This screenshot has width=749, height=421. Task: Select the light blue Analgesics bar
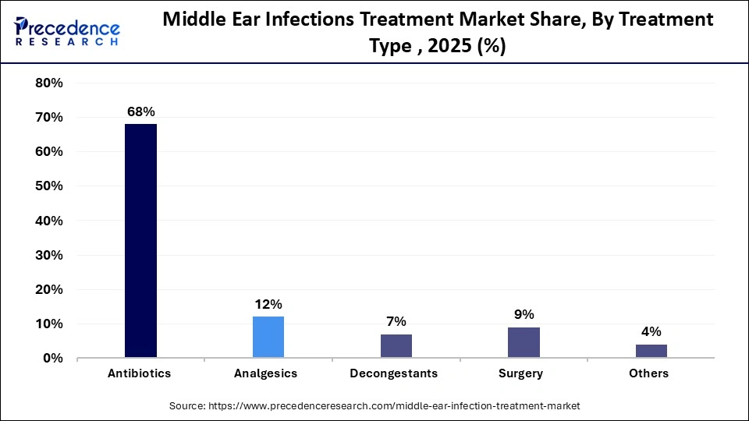[268, 337]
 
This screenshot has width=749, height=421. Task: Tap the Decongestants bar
[396, 345]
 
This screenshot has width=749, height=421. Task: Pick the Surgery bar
[524, 342]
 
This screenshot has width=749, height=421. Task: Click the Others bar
[651, 351]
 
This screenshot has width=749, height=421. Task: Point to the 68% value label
[140, 111]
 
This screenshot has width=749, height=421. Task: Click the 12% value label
[268, 304]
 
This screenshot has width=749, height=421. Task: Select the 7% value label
[396, 321]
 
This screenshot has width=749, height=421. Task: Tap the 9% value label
[524, 314]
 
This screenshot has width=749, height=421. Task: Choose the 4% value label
[651, 331]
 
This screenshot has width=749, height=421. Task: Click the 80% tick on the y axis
[49, 83]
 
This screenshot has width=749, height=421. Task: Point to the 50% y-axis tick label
[49, 186]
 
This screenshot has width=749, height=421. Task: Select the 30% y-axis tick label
[49, 255]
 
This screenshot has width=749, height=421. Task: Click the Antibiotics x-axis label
[140, 373]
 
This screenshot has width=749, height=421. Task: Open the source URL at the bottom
[374, 406]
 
